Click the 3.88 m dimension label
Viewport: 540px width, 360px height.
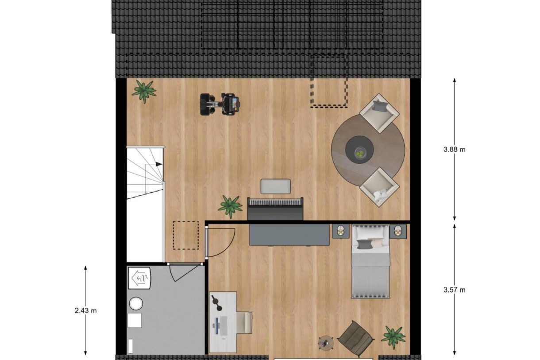[454, 150]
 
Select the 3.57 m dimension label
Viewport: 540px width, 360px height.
[454, 290]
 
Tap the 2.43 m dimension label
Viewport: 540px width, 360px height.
[85, 310]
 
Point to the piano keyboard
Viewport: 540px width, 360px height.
[275, 202]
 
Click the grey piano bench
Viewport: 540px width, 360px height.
[275, 186]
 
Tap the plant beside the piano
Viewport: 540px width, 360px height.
[230, 206]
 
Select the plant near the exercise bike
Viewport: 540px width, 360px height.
[144, 90]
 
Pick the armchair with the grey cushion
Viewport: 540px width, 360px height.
[379, 112]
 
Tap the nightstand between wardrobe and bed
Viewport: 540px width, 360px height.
[341, 231]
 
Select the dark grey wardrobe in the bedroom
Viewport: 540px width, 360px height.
[289, 234]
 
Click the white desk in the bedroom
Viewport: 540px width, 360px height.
[223, 321]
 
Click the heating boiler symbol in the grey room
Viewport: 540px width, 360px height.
[140, 278]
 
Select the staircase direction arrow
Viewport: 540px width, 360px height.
[158, 164]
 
